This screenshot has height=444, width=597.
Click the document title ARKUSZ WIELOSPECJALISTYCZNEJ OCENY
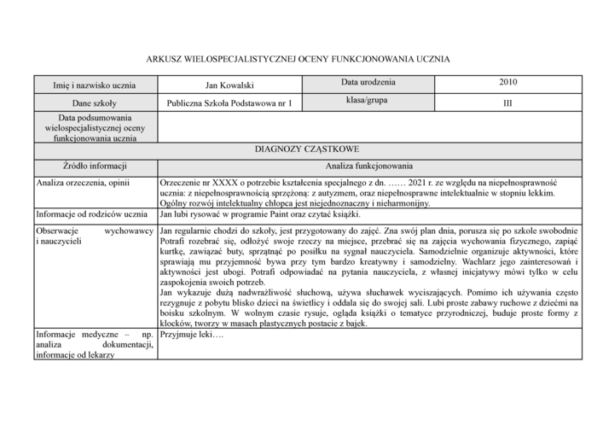click(x=298, y=59)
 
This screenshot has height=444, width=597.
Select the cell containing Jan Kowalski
click(x=229, y=85)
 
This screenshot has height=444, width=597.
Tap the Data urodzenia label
click(x=368, y=83)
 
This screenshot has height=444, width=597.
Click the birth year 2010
click(x=508, y=83)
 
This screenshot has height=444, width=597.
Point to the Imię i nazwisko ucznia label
click(x=95, y=85)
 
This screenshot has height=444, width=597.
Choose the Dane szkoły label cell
click(x=95, y=103)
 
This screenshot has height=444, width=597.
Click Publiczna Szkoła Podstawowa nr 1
click(x=229, y=103)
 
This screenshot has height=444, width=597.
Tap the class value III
click(x=508, y=103)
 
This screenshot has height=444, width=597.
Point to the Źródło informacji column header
click(x=95, y=166)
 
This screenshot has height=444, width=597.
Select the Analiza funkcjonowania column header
click(x=368, y=166)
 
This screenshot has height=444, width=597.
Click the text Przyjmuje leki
click(x=191, y=335)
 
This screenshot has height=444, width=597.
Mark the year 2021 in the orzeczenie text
click(x=421, y=183)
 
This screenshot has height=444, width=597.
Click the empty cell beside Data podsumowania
click(x=368, y=126)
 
